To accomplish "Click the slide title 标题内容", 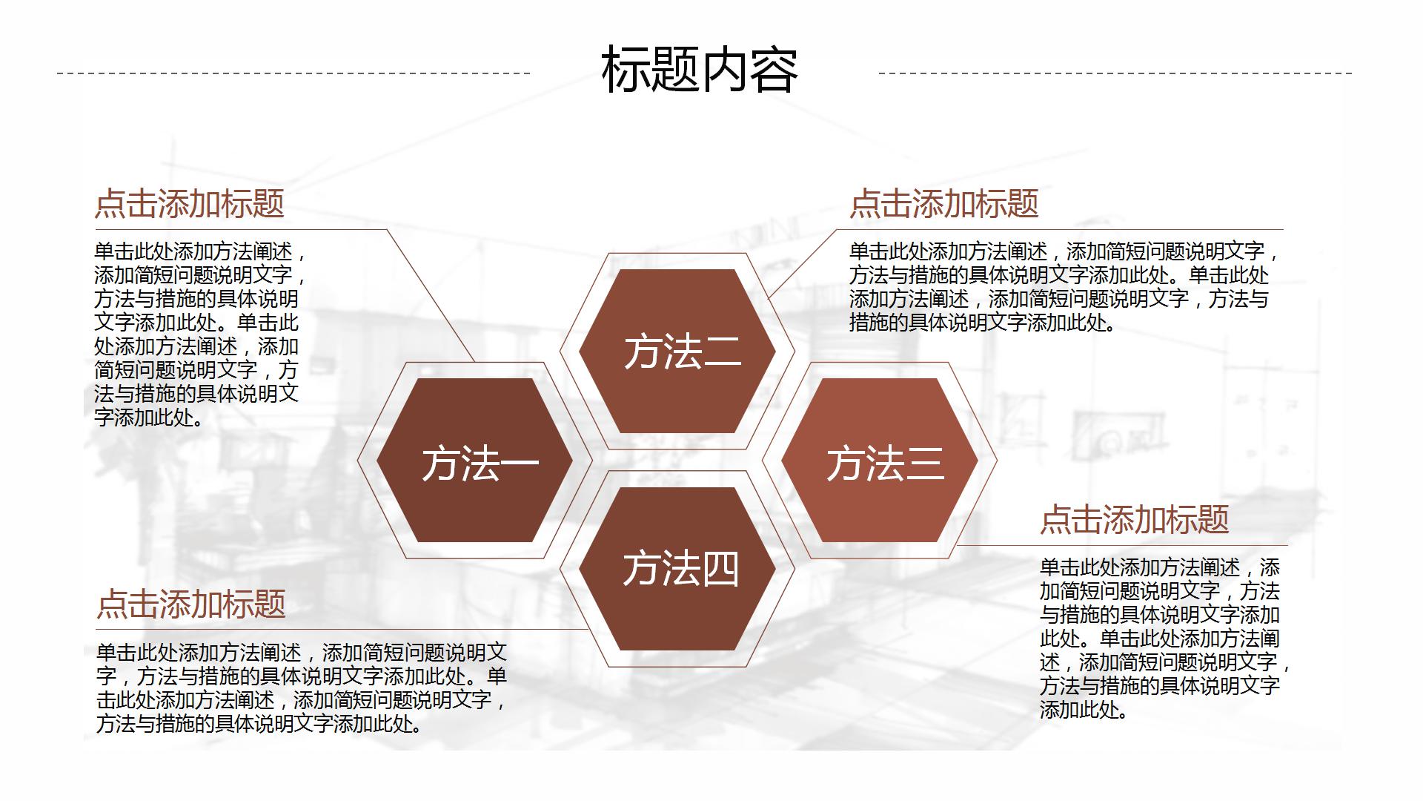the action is (700, 70).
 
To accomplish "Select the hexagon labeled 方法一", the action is (474, 460).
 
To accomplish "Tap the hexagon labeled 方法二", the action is (677, 351).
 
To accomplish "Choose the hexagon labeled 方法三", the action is (880, 460).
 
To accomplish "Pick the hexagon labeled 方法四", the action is (677, 569).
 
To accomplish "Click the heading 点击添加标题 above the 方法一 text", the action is (190, 203).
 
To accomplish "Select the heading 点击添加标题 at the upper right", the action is (944, 203).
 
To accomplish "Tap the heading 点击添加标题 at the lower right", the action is (1135, 519).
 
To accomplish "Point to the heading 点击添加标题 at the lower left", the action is (191, 604).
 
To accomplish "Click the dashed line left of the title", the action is (293, 73).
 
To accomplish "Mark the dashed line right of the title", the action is (1115, 73).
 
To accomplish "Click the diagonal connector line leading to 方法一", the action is (431, 295).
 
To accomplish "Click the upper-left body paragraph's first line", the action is (200, 252).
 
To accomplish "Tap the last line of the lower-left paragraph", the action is (260, 724).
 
